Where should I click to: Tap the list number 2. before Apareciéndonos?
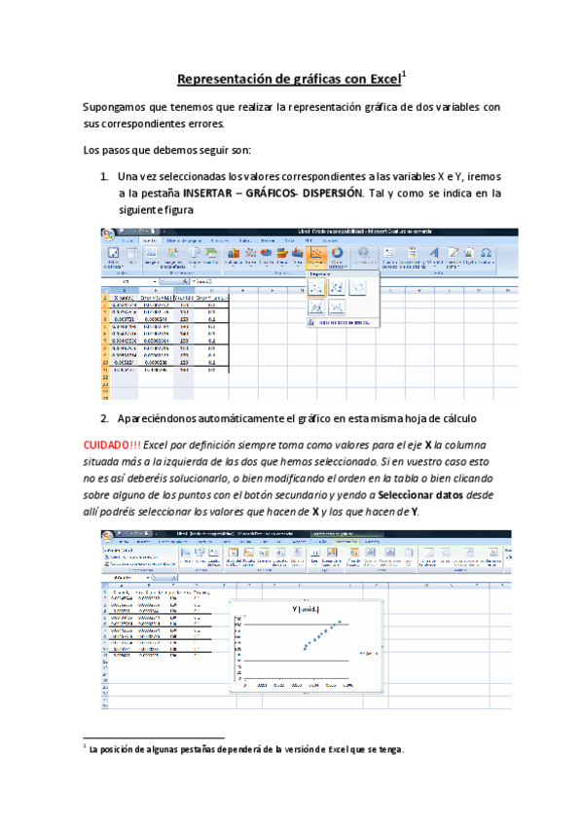pos(104,418)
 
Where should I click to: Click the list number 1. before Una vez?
pos(104,176)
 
